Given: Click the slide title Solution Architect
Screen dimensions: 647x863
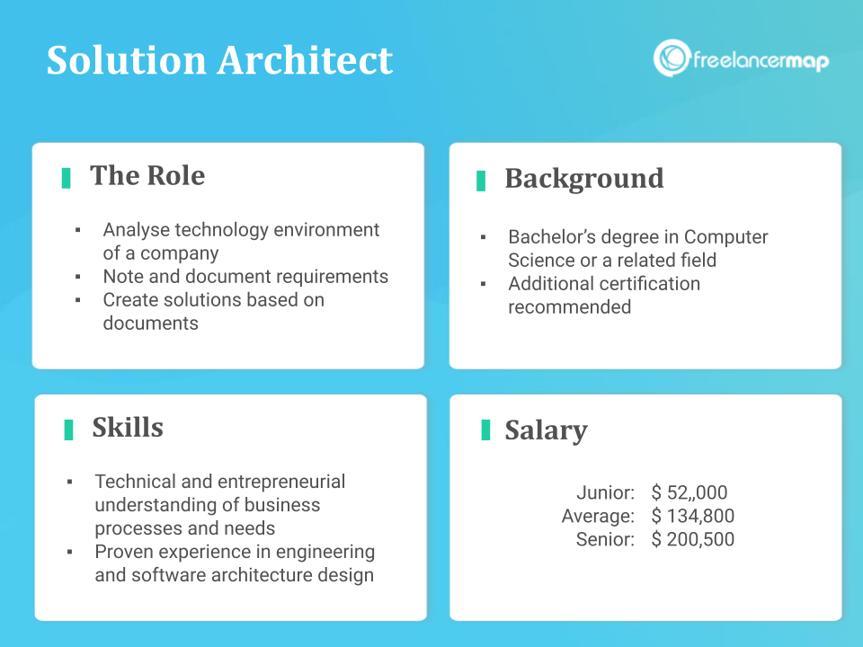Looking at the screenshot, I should point(219,60).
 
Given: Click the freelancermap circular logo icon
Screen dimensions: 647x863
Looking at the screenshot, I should point(672,58).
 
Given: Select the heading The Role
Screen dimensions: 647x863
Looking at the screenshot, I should point(147,175).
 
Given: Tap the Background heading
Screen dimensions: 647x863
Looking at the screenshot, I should point(583,178).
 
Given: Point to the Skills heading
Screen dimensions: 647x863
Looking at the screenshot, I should point(128,427).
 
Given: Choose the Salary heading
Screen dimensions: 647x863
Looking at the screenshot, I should point(546,430).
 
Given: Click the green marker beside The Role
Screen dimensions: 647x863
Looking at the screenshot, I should point(67,177).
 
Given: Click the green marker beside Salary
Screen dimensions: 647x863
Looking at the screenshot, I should point(485,430).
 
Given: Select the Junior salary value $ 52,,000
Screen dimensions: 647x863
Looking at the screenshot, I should point(690,492).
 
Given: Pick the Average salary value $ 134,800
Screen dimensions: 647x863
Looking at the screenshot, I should point(693,516).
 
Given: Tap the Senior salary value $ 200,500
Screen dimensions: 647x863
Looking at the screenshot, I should point(693,539).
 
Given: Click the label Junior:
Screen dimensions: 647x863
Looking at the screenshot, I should point(605,492).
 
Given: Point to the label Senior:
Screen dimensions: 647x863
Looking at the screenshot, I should point(605,539).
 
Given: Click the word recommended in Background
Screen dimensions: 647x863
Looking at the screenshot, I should point(569,307).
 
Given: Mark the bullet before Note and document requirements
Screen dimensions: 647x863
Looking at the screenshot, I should point(78,277).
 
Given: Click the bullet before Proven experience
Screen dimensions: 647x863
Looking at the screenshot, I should point(70,552).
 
